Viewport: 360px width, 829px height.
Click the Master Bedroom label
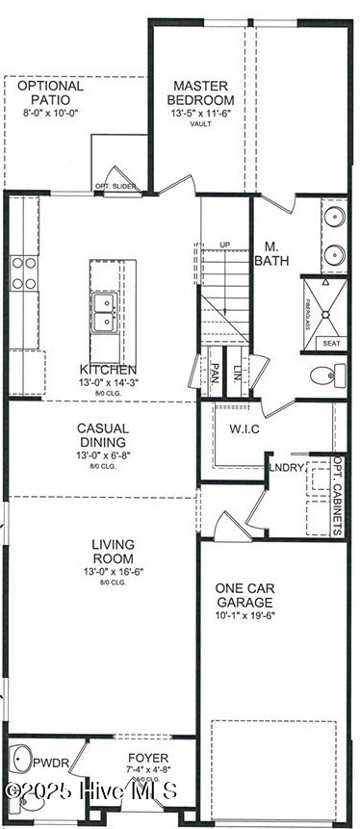tap(200, 92)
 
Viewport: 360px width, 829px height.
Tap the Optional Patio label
tap(51, 92)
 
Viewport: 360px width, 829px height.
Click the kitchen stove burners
tap(24, 273)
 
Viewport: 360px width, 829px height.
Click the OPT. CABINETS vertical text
tap(338, 496)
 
